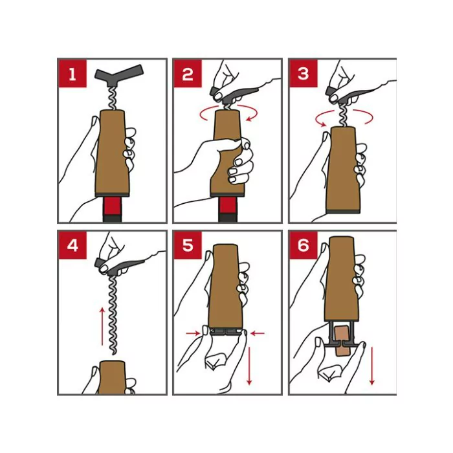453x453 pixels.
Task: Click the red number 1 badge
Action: pyautogui.click(x=72, y=73)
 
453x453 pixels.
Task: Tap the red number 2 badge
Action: pyautogui.click(x=188, y=73)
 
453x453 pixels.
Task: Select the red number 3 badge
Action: pyautogui.click(x=304, y=73)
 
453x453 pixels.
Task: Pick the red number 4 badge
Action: pyautogui.click(x=72, y=245)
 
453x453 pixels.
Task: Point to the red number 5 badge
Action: pyautogui.click(x=188, y=245)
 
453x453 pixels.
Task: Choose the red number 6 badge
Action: pyautogui.click(x=304, y=245)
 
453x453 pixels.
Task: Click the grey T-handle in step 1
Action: pyautogui.click(x=118, y=76)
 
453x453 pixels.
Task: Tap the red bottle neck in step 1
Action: pyautogui.click(x=112, y=206)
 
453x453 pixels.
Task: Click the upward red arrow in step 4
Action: pyautogui.click(x=102, y=326)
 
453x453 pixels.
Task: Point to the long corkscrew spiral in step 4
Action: pyautogui.click(x=113, y=316)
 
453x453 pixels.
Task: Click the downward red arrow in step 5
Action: pyautogui.click(x=249, y=366)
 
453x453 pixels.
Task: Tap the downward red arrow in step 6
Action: pyautogui.click(x=372, y=366)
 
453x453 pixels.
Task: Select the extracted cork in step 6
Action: pyautogui.click(x=342, y=341)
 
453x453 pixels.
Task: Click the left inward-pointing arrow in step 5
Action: pyautogui.click(x=193, y=333)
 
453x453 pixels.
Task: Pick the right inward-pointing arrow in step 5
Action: pyautogui.click(x=258, y=333)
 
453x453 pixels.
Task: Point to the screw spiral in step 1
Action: pyautogui.click(x=112, y=98)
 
